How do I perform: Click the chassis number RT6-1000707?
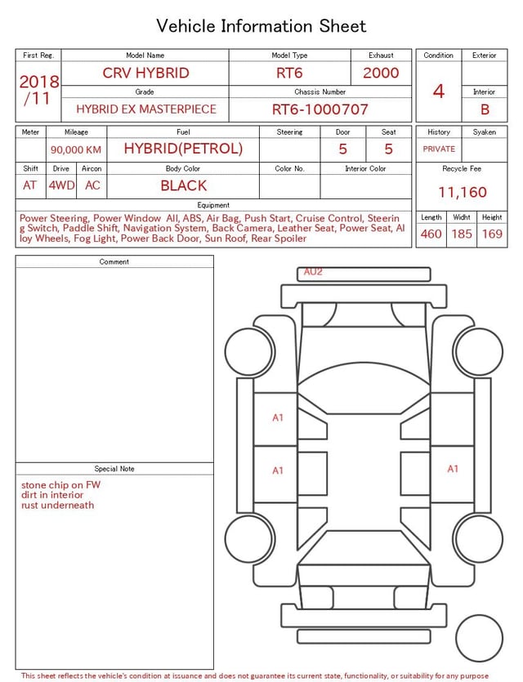[x=320, y=109]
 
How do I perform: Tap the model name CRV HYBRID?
[x=145, y=73]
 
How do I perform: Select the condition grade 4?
[x=439, y=91]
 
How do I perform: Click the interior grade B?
[x=485, y=109]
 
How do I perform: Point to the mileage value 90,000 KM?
[x=76, y=149]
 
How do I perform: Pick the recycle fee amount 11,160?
[x=462, y=192]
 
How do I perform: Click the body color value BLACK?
[x=184, y=185]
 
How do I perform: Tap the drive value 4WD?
[x=61, y=185]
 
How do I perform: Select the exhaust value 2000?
[x=381, y=73]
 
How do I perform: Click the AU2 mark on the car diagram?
[x=313, y=272]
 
